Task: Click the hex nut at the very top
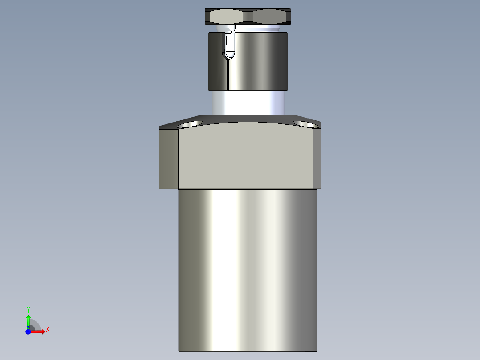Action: click(x=248, y=16)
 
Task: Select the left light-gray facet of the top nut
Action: click(x=226, y=17)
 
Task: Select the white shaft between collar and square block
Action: click(x=248, y=102)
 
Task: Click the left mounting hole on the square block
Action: click(x=190, y=123)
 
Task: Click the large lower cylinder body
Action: click(x=248, y=267)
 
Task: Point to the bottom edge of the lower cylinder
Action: click(x=248, y=351)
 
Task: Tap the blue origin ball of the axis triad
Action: click(x=28, y=332)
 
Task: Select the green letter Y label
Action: click(x=28, y=310)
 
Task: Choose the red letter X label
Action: click(x=47, y=330)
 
